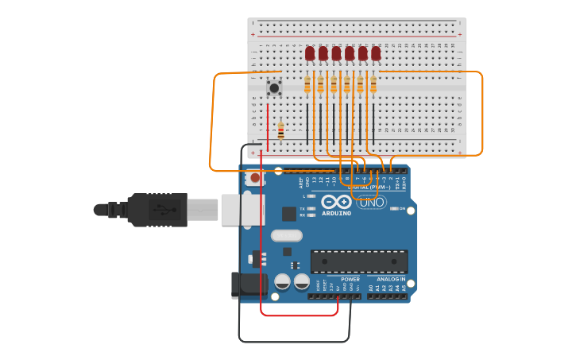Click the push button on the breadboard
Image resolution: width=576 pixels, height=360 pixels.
tap(274, 87)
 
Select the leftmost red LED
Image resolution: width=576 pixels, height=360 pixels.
tap(310, 53)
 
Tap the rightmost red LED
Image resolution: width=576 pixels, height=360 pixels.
tap(376, 53)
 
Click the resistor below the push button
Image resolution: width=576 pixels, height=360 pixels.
tap(280, 130)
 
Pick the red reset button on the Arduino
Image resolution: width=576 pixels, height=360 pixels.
tap(255, 178)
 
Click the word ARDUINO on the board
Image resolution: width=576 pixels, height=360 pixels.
tap(337, 213)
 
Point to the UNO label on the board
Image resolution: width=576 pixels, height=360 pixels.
tap(371, 203)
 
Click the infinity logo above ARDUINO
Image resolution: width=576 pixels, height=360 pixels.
tap(337, 202)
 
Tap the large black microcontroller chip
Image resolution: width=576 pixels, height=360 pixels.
tap(358, 261)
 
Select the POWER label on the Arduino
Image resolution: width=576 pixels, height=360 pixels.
tap(350, 279)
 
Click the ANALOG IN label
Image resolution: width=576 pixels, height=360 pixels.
tap(391, 279)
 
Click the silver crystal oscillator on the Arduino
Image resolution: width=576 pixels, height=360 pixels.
tap(287, 235)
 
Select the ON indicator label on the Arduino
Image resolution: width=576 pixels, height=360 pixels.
tap(403, 209)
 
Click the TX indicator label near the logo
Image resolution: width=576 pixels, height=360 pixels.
tap(302, 208)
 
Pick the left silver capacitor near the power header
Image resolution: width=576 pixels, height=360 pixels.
tap(282, 281)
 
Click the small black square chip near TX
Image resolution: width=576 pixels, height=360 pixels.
tap(289, 213)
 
